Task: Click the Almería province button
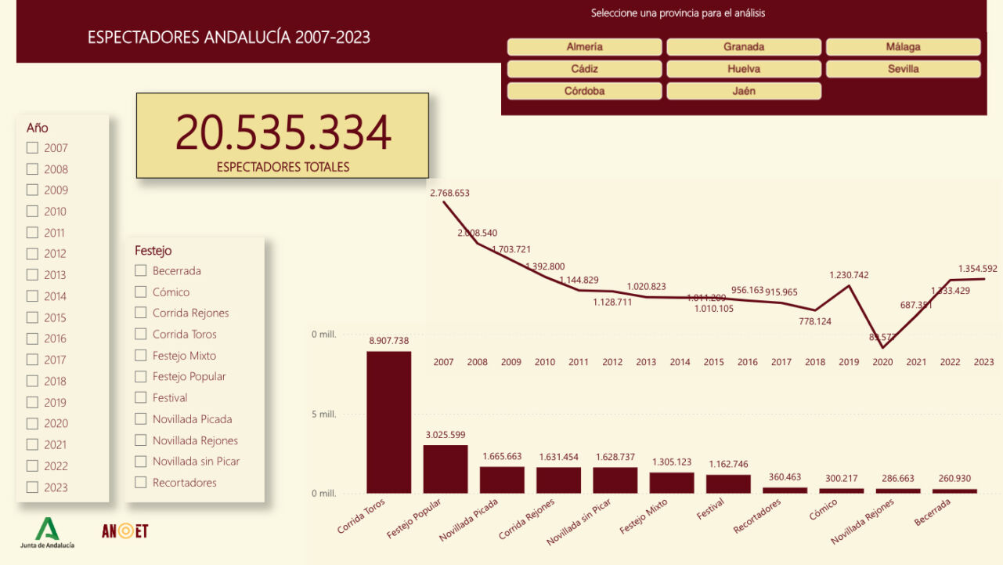pyautogui.click(x=584, y=47)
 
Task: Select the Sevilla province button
pyautogui.click(x=903, y=69)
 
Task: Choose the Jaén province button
pyautogui.click(x=744, y=91)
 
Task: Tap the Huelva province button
pyautogui.click(x=744, y=69)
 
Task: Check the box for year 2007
pyautogui.click(x=32, y=147)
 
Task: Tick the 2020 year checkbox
pyautogui.click(x=32, y=423)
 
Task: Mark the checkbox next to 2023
pyautogui.click(x=32, y=487)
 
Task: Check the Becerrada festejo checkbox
pyautogui.click(x=141, y=270)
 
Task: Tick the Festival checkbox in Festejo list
pyautogui.click(x=141, y=397)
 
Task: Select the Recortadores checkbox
pyautogui.click(x=141, y=482)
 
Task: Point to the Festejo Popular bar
pyautogui.click(x=446, y=469)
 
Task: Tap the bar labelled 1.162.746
pyautogui.click(x=728, y=484)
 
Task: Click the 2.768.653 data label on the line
pyautogui.click(x=449, y=192)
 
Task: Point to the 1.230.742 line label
pyautogui.click(x=850, y=275)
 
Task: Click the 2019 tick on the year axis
pyautogui.click(x=849, y=362)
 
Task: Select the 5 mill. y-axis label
pyautogui.click(x=323, y=415)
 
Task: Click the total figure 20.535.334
pyautogui.click(x=283, y=132)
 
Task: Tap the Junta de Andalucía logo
pyautogui.click(x=47, y=532)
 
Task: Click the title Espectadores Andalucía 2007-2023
pyautogui.click(x=229, y=37)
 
